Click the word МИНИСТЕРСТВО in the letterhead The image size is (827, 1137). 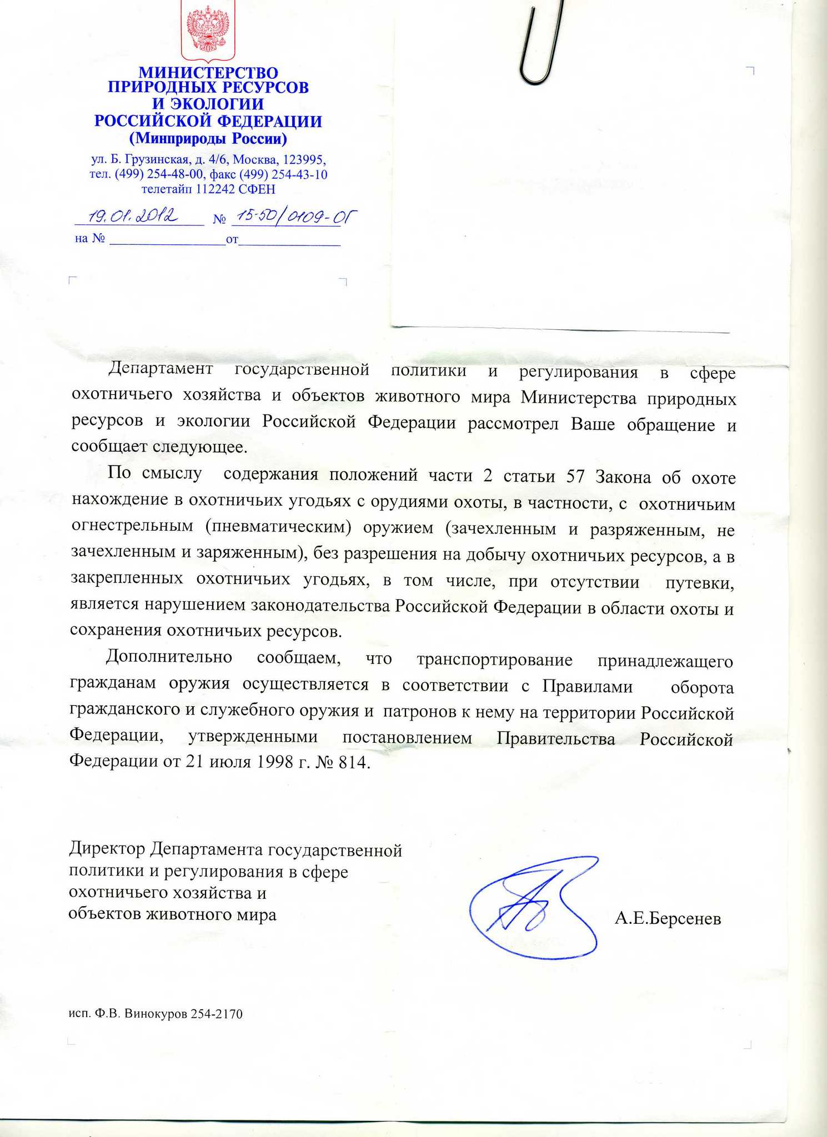(208, 73)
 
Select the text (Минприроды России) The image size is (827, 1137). (208, 137)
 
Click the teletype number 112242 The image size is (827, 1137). (215, 189)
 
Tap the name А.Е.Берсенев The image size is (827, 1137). (668, 919)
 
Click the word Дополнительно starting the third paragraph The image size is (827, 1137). (169, 658)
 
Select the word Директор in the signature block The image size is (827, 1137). (107, 850)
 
